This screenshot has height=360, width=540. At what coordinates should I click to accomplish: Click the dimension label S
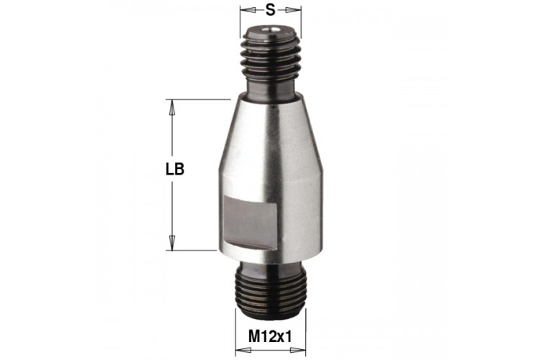pos(271,10)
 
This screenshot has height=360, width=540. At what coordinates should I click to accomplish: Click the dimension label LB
pos(175,169)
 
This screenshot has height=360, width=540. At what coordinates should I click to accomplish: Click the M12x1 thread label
pos(270,336)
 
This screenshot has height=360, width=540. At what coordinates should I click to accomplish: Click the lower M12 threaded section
pos(270,290)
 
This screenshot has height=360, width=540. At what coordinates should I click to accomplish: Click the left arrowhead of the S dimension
pos(248,11)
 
